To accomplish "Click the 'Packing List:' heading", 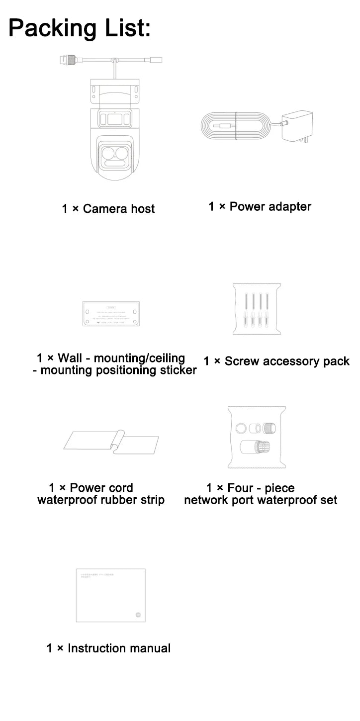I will point(79,28).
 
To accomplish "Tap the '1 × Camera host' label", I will point(108,209).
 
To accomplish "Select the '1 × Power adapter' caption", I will point(260,206).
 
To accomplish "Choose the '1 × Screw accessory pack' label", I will point(276,361).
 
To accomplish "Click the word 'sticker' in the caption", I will point(178,370).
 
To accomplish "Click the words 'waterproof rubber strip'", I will point(101,500).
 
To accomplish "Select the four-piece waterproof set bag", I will point(257,437).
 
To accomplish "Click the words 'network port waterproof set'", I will point(261,500).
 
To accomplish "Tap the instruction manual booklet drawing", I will point(110,595).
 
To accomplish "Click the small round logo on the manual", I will point(139,614).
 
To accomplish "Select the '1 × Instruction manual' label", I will point(108,648).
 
